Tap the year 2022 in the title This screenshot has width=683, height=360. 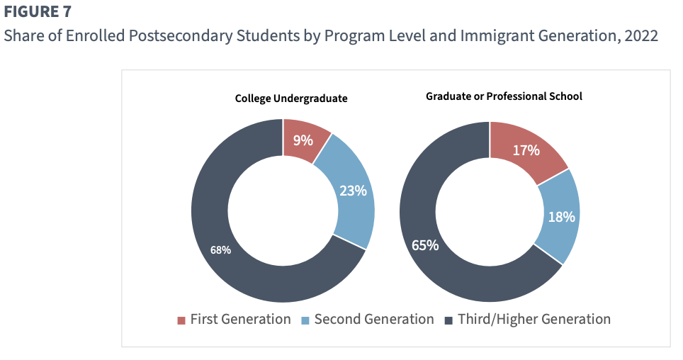(x=640, y=36)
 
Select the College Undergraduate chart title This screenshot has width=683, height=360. (x=291, y=99)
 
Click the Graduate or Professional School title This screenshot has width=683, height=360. (x=504, y=96)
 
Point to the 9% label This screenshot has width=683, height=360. (x=303, y=140)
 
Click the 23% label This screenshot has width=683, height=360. (x=353, y=191)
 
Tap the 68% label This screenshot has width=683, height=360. (x=220, y=249)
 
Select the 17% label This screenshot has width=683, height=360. (x=526, y=150)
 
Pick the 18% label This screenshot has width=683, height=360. (x=561, y=217)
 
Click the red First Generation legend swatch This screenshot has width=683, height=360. (x=181, y=320)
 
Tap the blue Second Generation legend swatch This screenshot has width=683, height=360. (x=305, y=320)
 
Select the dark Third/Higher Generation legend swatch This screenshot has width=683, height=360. (x=448, y=320)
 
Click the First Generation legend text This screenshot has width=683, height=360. (x=240, y=320)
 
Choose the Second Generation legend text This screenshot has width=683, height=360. (x=373, y=320)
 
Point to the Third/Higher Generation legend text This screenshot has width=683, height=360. (x=534, y=320)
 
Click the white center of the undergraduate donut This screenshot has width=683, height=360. (x=283, y=210)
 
